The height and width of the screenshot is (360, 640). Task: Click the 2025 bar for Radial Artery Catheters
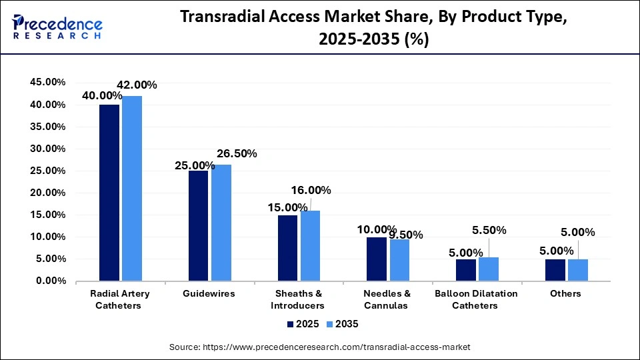pyautogui.click(x=109, y=193)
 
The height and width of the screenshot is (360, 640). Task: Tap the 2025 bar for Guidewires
pyautogui.click(x=199, y=226)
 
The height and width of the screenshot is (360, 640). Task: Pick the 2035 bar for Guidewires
pyautogui.click(x=221, y=223)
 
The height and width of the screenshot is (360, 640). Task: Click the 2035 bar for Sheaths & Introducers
pyautogui.click(x=310, y=246)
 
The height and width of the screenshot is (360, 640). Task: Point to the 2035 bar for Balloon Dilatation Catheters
pyautogui.click(x=489, y=269)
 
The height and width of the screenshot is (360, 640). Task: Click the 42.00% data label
pyautogui.click(x=137, y=85)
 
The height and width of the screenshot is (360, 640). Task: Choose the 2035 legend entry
pyautogui.click(x=343, y=324)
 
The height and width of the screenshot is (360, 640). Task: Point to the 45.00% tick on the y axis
pyautogui.click(x=47, y=83)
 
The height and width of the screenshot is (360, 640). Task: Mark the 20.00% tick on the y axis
pyautogui.click(x=47, y=193)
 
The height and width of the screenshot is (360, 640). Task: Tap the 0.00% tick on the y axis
pyautogui.click(x=50, y=281)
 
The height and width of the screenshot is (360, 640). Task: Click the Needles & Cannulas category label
pyautogui.click(x=387, y=299)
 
